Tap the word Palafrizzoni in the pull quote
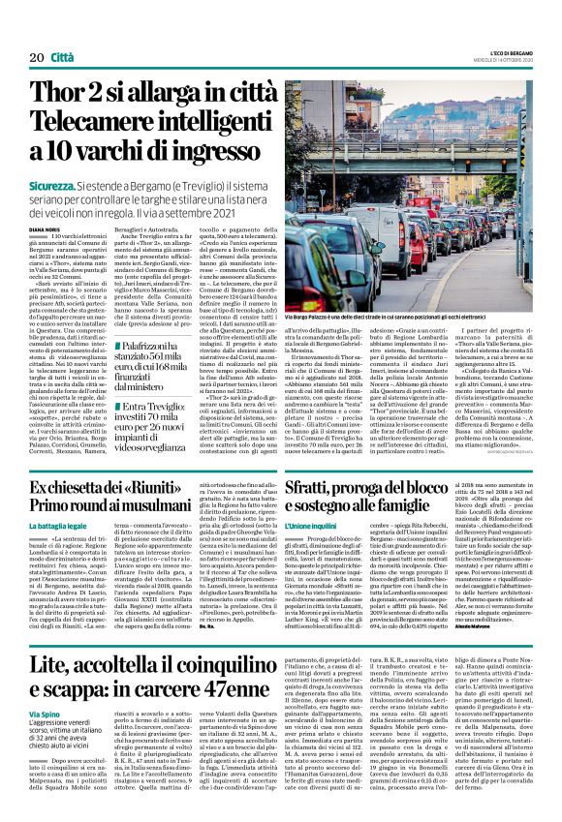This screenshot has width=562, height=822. [x=165, y=346]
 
